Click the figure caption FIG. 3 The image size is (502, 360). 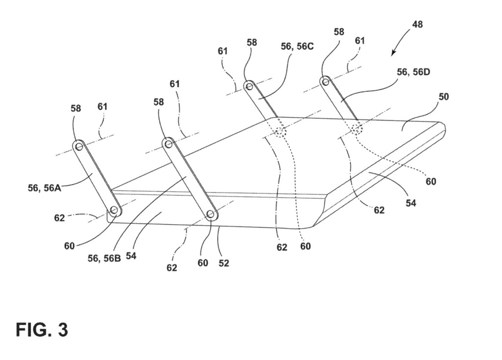[42, 329]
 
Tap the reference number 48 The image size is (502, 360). [418, 24]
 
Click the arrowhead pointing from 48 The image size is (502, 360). [393, 54]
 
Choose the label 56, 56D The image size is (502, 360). [414, 72]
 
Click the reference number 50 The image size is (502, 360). [443, 97]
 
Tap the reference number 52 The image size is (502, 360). [224, 263]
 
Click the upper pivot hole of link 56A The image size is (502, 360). [79, 145]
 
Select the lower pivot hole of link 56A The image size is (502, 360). [114, 210]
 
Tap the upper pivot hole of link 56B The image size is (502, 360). [168, 144]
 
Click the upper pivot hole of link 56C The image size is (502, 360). [250, 87]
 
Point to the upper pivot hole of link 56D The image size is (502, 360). [325, 81]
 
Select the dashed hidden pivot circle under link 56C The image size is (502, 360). [280, 131]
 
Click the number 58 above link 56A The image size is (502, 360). [76, 108]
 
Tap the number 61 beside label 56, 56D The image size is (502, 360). [360, 41]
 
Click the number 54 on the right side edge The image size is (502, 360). [411, 202]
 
